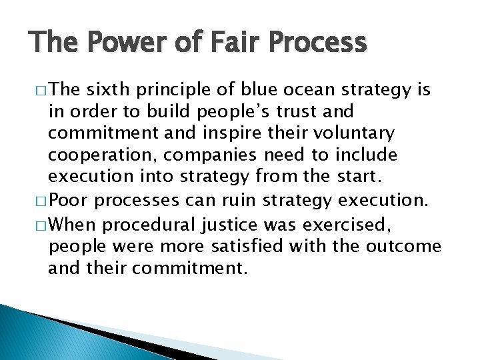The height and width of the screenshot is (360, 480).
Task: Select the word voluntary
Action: (357, 133)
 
